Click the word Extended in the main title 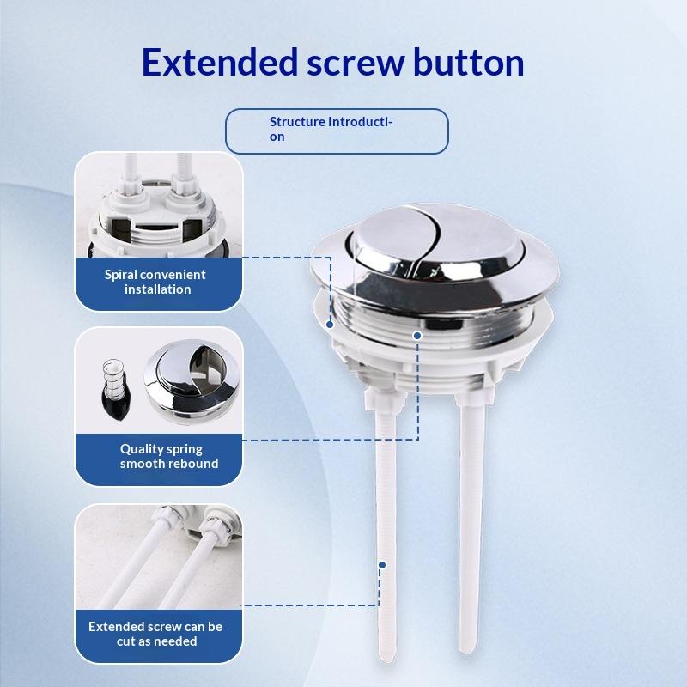[220, 63]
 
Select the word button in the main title [468, 63]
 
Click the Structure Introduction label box [337, 131]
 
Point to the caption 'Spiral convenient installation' [155, 282]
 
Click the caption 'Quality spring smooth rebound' [168, 456]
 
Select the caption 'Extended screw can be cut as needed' [155, 634]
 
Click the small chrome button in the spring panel [192, 380]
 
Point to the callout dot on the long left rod [382, 565]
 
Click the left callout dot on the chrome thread [330, 325]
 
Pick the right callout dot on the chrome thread [417, 336]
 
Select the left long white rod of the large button [386, 526]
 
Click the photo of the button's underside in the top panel [159, 204]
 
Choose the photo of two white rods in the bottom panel [159, 557]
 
